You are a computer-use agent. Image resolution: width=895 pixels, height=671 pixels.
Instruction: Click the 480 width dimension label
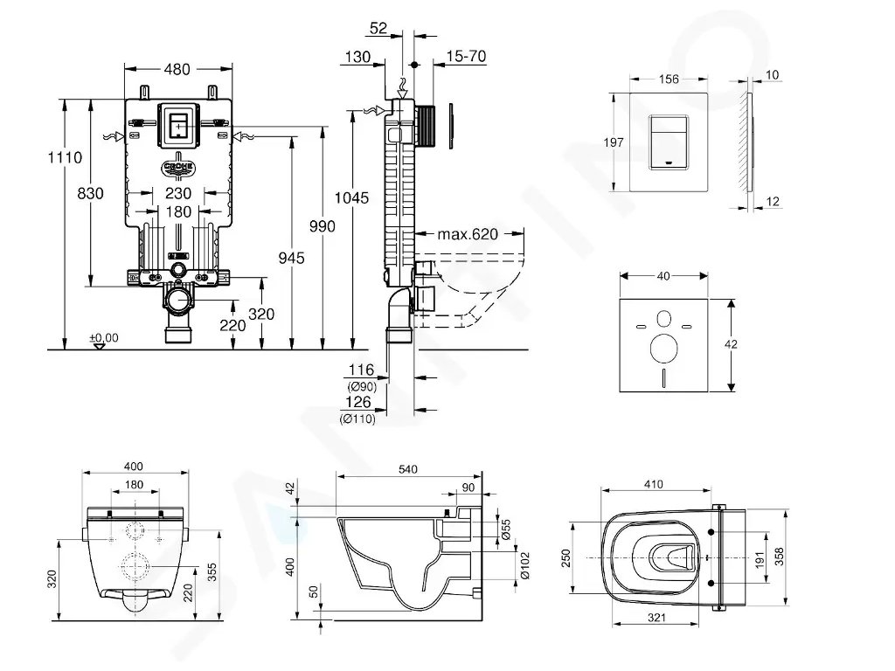pyautogui.click(x=178, y=69)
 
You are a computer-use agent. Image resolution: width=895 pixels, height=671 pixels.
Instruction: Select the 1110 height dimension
pyautogui.click(x=66, y=158)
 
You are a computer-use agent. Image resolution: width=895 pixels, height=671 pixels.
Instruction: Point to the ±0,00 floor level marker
pyautogui.click(x=104, y=336)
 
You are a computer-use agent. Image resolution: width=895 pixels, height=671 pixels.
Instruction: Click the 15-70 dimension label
pyautogui.click(x=466, y=56)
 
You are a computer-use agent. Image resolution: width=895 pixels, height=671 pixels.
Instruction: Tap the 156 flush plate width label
pyautogui.click(x=668, y=79)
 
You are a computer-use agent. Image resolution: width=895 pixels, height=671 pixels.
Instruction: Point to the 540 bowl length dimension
pyautogui.click(x=408, y=469)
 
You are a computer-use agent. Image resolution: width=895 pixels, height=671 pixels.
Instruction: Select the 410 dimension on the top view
pyautogui.click(x=653, y=485)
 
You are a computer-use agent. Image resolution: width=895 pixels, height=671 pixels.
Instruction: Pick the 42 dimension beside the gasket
pyautogui.click(x=731, y=344)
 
